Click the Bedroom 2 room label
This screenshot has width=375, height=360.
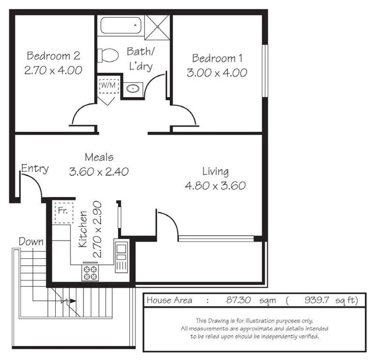coord(53,56)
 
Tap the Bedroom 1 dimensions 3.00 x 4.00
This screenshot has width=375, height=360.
coord(217,73)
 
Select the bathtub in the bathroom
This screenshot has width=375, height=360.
coord(120,25)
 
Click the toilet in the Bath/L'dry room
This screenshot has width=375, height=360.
coord(108,55)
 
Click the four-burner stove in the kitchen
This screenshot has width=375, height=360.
coord(90,273)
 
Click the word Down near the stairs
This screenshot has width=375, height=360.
coord(31,242)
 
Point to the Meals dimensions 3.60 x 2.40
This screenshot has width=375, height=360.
coord(99,172)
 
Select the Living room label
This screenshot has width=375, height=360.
coord(215,171)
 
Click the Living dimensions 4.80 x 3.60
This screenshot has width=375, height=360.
coord(215,186)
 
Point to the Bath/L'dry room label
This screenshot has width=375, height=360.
coord(140,59)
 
